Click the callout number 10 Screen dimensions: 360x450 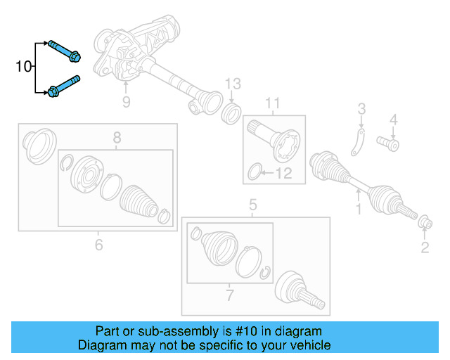(23, 67)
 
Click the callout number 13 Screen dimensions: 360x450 (233, 84)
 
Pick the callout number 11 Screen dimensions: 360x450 (272, 105)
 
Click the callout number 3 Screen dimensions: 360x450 (361, 109)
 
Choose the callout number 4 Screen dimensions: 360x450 (394, 120)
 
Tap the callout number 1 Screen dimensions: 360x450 (358, 210)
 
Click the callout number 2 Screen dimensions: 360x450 (425, 246)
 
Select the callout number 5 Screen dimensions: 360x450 (253, 206)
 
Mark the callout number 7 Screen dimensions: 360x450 (229, 295)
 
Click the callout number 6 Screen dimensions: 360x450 (98, 244)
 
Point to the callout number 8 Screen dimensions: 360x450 (117, 137)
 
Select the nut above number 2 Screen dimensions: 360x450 (425, 223)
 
